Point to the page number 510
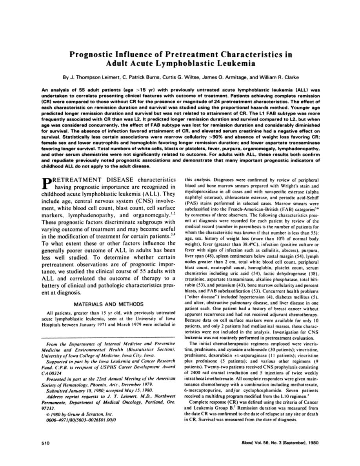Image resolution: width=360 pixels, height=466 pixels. click(46, 443)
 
